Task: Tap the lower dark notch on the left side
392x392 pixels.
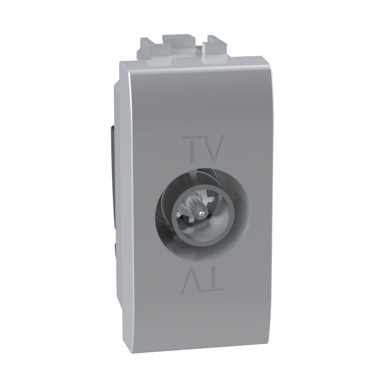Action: click(114, 251)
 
